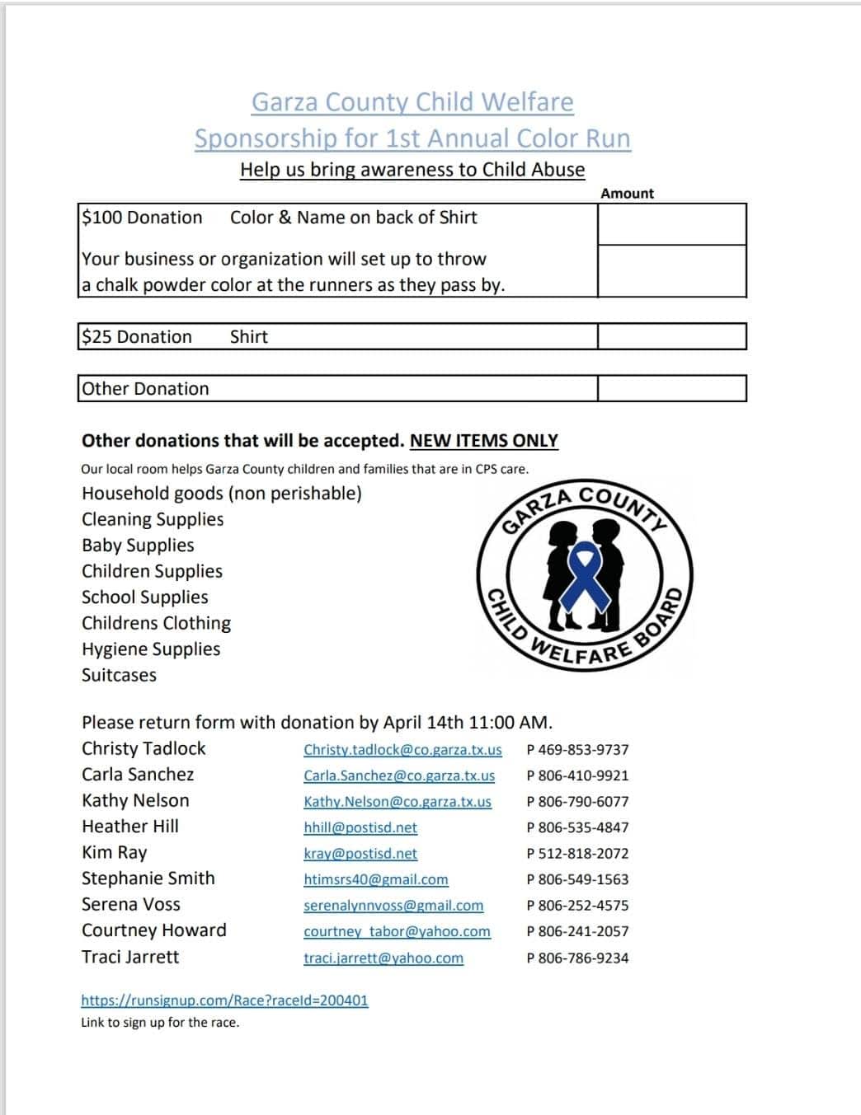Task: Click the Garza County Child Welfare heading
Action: [x=412, y=102]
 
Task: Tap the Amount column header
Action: [x=627, y=194]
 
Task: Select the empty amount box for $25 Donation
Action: [x=671, y=336]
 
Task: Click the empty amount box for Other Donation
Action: [x=671, y=388]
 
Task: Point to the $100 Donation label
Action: [x=142, y=218]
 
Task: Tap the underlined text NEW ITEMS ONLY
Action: [x=483, y=441]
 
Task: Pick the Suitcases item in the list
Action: [x=119, y=675]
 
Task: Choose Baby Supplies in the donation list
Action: [x=138, y=546]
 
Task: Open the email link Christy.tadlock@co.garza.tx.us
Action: [x=402, y=750]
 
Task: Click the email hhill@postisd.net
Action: [x=360, y=827]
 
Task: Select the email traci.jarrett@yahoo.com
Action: [x=383, y=958]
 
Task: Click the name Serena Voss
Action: [x=130, y=904]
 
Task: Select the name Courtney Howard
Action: [x=153, y=930]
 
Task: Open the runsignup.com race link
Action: [x=224, y=1000]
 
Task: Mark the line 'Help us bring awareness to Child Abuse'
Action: [x=412, y=170]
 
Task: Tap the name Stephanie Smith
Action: [x=148, y=878]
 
